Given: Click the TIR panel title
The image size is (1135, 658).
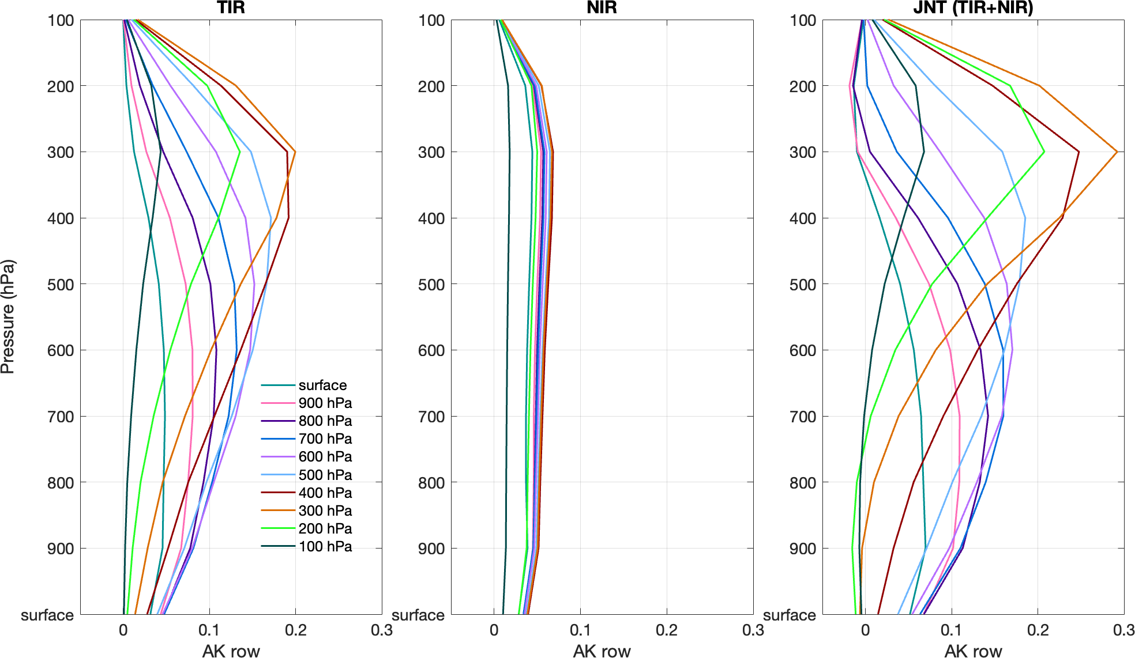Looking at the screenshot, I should click(x=231, y=7).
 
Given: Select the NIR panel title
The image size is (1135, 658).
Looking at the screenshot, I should click(x=602, y=7).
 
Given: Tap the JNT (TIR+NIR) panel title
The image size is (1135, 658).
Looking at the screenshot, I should click(x=973, y=7).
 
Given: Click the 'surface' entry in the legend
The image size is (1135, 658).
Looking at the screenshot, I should click(x=322, y=385).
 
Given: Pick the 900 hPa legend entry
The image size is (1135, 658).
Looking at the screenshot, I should click(x=325, y=403).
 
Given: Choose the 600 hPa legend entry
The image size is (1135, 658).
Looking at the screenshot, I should click(x=325, y=457).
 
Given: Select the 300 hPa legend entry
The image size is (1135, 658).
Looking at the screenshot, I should click(x=325, y=511).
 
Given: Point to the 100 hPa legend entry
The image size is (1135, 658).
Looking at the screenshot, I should click(x=325, y=547).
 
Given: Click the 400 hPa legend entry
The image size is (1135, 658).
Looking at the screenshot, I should click(x=325, y=493).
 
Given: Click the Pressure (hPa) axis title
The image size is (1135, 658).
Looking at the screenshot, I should click(x=8, y=317).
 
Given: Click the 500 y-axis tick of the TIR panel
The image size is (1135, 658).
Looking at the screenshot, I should click(x=61, y=285).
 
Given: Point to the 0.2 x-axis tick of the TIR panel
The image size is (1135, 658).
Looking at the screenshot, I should click(x=296, y=630).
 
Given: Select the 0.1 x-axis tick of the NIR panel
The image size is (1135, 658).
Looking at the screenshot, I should click(x=580, y=630).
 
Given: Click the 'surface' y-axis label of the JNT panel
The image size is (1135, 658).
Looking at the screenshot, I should click(x=789, y=615).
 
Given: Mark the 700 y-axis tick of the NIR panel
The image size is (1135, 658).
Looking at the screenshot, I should click(x=431, y=417).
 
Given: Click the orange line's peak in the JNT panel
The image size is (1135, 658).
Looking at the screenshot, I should click(x=1117, y=152).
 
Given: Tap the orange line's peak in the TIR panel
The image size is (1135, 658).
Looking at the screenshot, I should click(x=295, y=152).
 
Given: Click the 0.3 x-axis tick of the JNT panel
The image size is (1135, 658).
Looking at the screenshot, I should click(x=1123, y=630).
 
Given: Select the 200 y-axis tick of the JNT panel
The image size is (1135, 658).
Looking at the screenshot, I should click(x=803, y=86).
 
